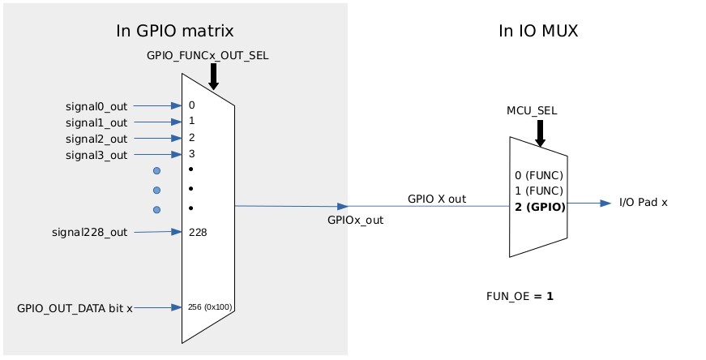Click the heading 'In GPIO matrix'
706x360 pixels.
pyautogui.click(x=175, y=32)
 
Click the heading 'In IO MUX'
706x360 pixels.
pyautogui.click(x=537, y=32)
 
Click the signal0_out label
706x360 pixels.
pyautogui.click(x=96, y=105)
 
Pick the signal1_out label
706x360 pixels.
pyautogui.click(x=96, y=122)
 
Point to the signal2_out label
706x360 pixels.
pyautogui.click(x=96, y=139)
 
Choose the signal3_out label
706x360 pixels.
pyautogui.click(x=96, y=155)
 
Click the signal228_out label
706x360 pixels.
pyautogui.click(x=89, y=233)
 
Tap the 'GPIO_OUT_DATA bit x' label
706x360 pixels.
pyautogui.click(x=75, y=308)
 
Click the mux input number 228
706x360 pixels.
pyautogui.click(x=198, y=233)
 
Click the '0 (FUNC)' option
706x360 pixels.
pyautogui.click(x=537, y=175)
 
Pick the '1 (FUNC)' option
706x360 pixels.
pyautogui.click(x=537, y=191)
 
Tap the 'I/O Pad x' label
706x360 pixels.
pyautogui.click(x=643, y=203)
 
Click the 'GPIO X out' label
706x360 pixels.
pyautogui.click(x=437, y=198)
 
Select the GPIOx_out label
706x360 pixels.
pyautogui.click(x=355, y=218)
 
